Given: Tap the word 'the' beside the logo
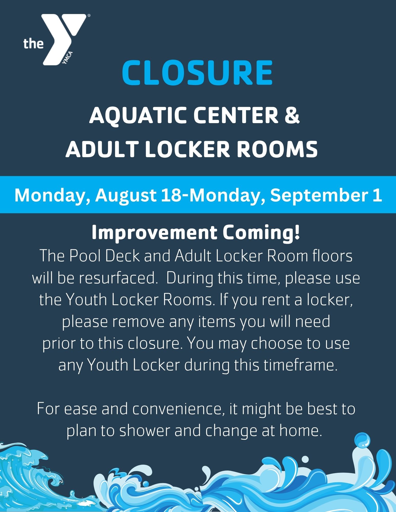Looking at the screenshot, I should pos(33,44).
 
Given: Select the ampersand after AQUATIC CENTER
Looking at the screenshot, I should pos(292,115).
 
